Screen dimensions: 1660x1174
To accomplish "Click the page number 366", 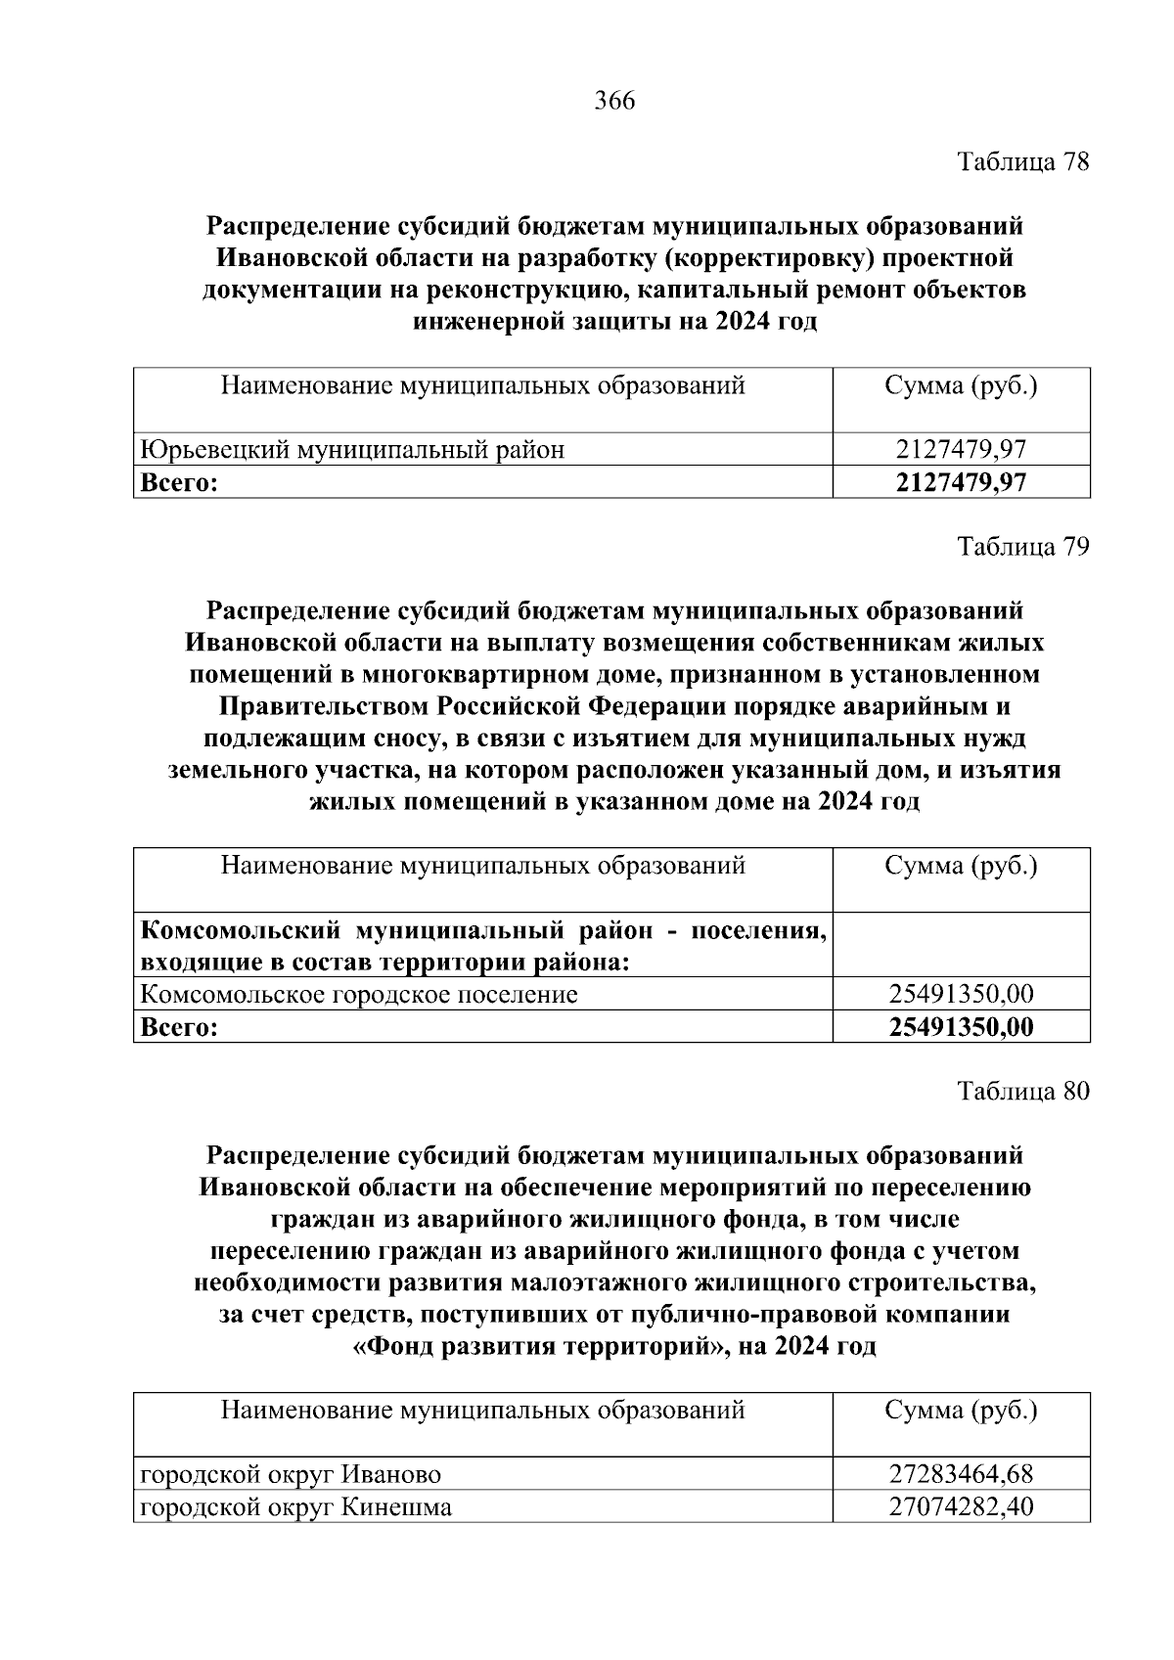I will pos(614,101).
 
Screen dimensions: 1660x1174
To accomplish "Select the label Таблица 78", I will pos(1022,161).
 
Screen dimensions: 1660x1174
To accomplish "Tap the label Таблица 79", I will pos(1022,546).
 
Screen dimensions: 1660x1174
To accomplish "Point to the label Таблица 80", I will pos(1022,1091).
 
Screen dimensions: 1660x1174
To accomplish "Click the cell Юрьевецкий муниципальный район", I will pos(353,449).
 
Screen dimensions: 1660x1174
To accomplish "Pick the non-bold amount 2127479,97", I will pos(961,449).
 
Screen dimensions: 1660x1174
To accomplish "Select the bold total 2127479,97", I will pos(961,481).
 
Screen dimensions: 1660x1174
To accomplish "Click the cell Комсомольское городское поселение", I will pos(359,994).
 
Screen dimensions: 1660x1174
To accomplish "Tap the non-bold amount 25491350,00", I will pos(961,994).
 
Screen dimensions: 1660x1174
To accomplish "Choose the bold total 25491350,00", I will pos(961,1026).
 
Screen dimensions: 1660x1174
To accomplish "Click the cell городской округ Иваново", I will pos(291,1473).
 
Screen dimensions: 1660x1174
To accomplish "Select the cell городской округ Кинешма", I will pos(296,1506).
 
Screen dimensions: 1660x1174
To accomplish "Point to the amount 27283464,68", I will pos(961,1473).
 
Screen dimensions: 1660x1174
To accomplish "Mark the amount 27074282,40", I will pos(961,1506).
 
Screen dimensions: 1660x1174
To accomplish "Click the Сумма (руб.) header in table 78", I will pos(961,385).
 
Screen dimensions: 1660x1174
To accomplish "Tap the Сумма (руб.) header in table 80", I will pos(961,1410).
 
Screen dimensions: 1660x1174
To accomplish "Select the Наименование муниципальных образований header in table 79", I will pos(482,865).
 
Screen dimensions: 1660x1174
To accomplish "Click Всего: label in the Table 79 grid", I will pos(179,1026).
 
